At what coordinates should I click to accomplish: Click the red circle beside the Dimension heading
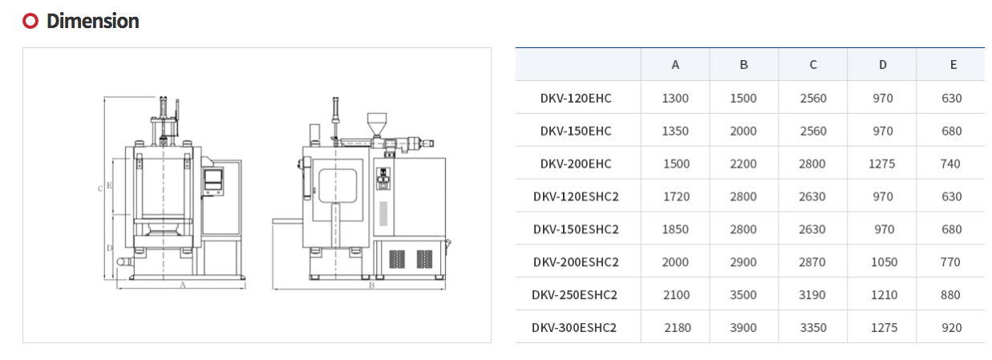[30, 21]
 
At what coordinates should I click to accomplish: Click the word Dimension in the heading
[92, 21]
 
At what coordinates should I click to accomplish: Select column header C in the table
[813, 65]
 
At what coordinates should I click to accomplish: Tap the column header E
[953, 65]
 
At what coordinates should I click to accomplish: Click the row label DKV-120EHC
[576, 98]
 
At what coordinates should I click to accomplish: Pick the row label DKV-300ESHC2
[574, 328]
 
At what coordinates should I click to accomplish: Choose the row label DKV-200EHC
[576, 164]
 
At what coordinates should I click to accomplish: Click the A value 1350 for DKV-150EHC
[675, 131]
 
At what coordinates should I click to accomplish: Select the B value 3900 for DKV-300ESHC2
[743, 328]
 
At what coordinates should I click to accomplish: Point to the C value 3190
[812, 295]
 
